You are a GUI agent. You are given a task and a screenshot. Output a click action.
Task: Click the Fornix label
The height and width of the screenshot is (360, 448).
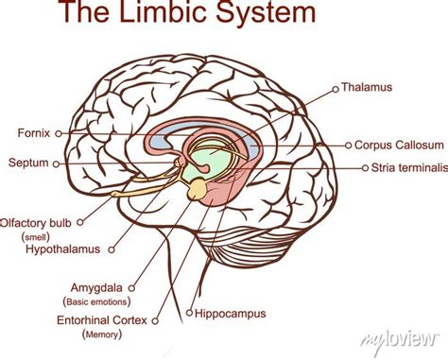click(34, 132)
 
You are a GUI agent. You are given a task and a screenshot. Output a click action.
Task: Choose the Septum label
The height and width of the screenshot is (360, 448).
click(28, 163)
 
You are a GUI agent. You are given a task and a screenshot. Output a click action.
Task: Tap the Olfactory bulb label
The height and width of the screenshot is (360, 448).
click(36, 223)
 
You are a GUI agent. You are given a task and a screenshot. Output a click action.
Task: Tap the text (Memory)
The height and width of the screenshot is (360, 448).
click(102, 334)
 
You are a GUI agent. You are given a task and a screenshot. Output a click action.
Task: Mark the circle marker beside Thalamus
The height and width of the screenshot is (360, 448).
click(335, 89)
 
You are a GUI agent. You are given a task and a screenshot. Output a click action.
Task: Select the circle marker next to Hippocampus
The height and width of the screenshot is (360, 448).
click(189, 311)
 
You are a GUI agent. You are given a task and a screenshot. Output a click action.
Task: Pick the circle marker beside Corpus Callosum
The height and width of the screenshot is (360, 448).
click(346, 146)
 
